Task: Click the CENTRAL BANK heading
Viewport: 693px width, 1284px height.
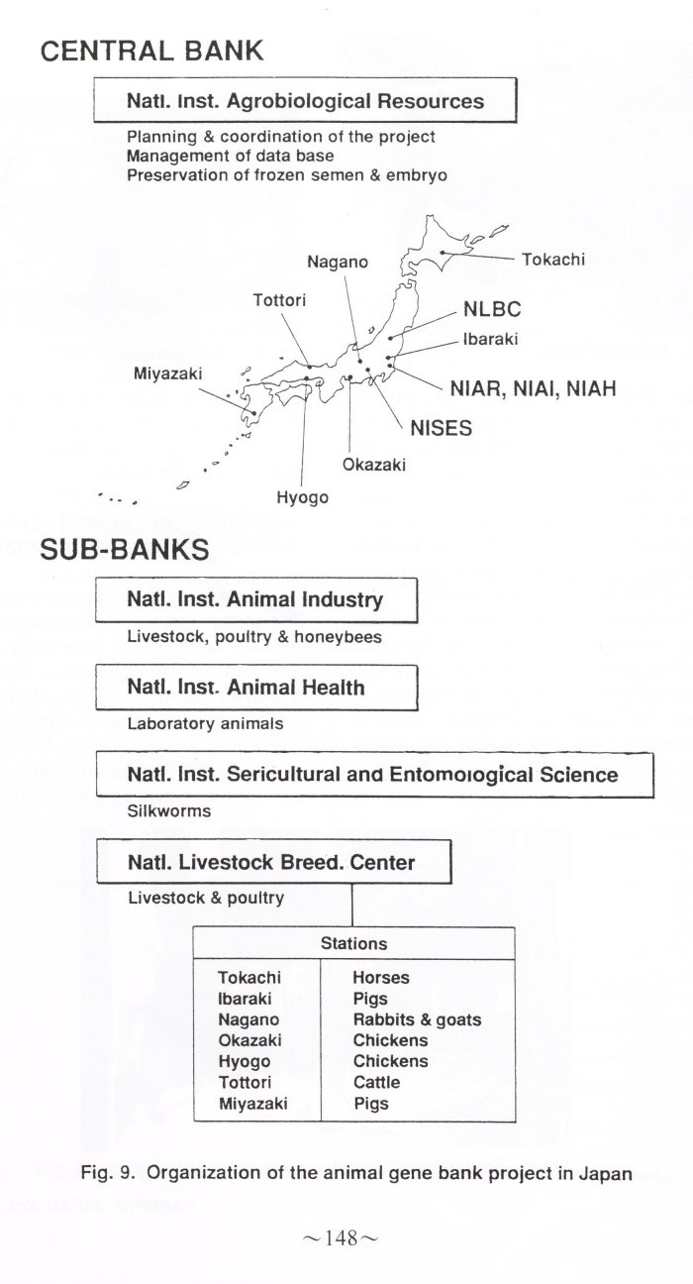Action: tap(151, 51)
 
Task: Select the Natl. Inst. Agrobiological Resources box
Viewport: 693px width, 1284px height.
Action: tap(305, 100)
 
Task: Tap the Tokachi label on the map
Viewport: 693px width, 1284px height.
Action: tap(553, 260)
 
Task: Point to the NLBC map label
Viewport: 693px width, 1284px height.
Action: tap(492, 309)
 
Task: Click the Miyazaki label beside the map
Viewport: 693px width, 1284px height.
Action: tap(168, 374)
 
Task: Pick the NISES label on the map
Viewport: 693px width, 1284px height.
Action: tap(441, 428)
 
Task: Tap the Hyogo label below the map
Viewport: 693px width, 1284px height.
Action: tap(302, 497)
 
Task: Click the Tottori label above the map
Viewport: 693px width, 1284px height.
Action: tap(279, 300)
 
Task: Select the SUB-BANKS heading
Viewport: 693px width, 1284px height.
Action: tap(125, 550)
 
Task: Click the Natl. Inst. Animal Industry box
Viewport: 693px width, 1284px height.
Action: tap(256, 599)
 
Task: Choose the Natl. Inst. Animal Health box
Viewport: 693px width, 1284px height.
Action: tap(256, 688)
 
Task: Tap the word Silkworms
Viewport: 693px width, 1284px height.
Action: tap(169, 811)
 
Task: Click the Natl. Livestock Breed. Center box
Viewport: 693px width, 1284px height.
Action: tap(274, 862)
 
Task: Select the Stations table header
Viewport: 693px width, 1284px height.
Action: tap(354, 943)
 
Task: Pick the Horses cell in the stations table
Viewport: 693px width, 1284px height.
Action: tap(381, 977)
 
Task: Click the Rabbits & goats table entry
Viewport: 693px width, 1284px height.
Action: tap(417, 1019)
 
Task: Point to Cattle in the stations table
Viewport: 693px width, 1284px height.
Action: tap(376, 1082)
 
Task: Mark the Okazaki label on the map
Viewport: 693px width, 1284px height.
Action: tap(374, 465)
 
